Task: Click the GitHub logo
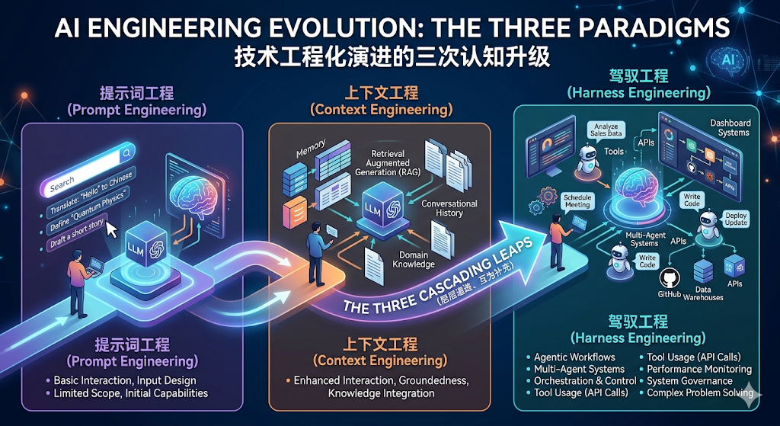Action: point(670,278)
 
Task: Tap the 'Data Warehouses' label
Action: point(703,293)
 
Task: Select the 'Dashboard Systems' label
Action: point(729,127)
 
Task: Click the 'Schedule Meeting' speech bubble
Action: point(578,200)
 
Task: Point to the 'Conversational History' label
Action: point(449,208)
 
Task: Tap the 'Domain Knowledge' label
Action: point(414,259)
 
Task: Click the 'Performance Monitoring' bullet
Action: point(698,369)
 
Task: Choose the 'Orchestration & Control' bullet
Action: point(584,380)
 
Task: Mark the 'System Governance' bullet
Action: point(689,380)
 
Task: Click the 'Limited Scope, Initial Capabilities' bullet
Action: point(130,393)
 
